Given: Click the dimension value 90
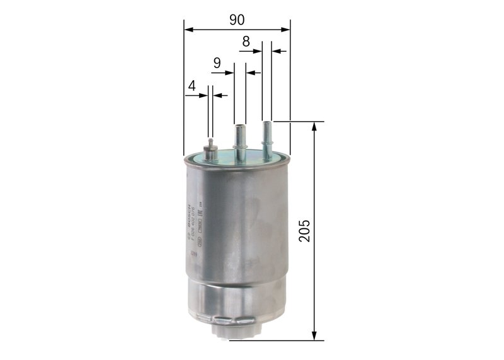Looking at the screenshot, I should click(237, 20).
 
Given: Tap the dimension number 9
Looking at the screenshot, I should click(217, 63).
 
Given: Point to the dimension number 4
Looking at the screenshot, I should click(192, 85).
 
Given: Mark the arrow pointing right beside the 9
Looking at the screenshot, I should click(229, 73).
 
